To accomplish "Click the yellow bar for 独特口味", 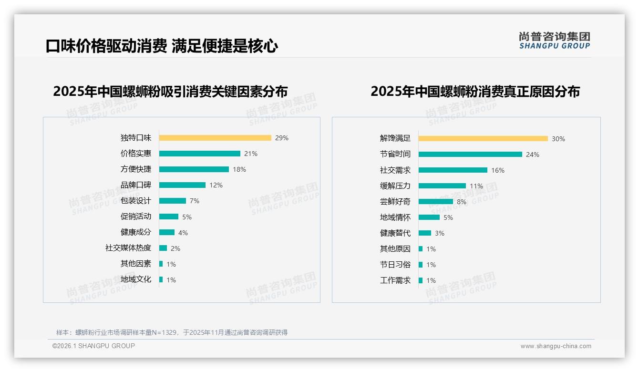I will coord(215,138).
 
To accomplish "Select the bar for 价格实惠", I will coord(199,154).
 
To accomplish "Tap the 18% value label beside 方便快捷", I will coord(239,169).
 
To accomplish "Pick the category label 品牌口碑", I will coord(136,185).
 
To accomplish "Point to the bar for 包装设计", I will coord(172,201).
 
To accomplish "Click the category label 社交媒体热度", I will coord(128,248).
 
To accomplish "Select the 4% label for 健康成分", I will coord(183,233).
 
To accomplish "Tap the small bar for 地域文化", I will coord(161,279).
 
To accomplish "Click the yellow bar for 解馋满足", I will coord(483,139).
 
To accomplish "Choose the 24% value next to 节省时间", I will coord(533,155).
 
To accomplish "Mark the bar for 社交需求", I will coord(453,170).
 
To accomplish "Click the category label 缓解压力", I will coord(395,186).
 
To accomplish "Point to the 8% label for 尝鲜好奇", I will coord(462,202).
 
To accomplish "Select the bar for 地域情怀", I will coord(429,217).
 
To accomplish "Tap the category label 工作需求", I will coord(395,280).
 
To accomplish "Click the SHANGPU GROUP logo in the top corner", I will coord(555,41).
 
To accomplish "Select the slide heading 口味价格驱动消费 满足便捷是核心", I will coord(162,46).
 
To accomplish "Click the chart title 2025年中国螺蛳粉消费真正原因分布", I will coord(475,92).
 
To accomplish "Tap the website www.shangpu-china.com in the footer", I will coord(556,346).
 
